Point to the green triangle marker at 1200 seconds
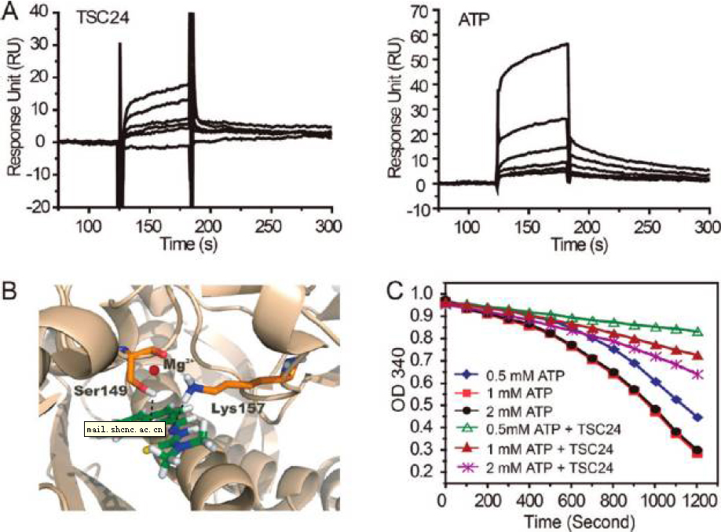[x=696, y=332]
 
